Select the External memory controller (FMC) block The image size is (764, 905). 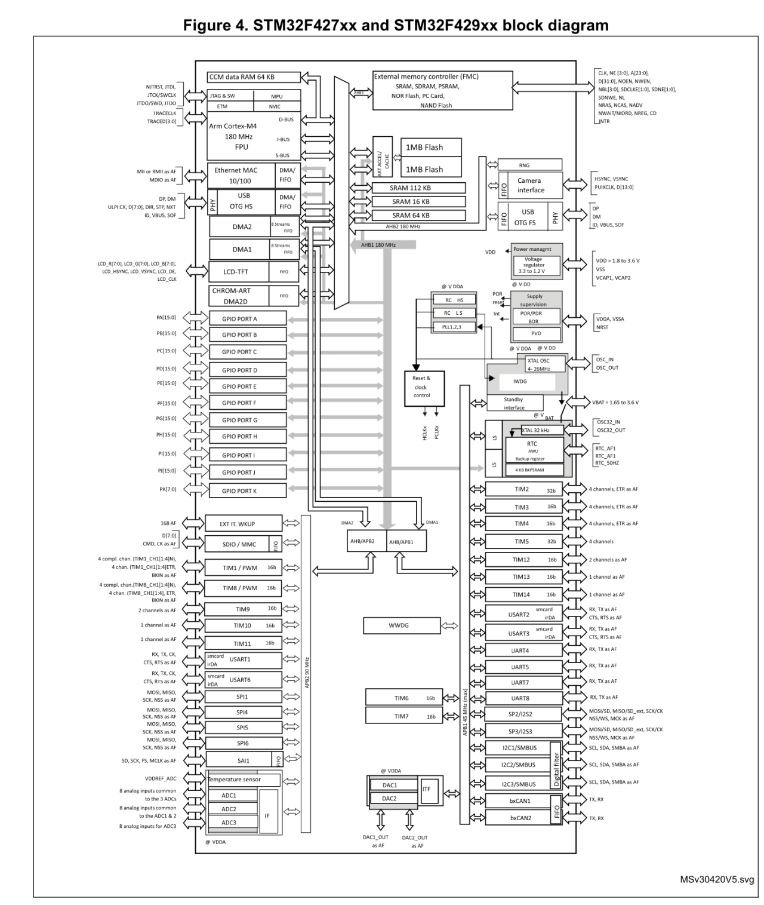coord(442,91)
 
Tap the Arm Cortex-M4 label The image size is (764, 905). coord(233,126)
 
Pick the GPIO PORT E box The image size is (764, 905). coord(247,386)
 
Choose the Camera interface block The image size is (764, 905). coord(530,185)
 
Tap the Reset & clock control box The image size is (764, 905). coord(421,388)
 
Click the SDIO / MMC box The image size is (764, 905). coord(238,544)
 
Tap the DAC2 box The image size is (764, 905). coord(390,799)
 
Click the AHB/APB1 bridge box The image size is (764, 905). coord(406,542)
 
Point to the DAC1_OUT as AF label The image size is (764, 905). coord(376,841)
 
